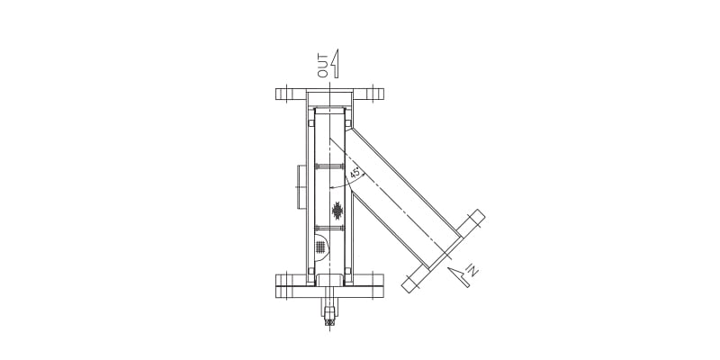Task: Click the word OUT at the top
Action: [x=323, y=66]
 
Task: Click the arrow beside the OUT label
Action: [x=335, y=63]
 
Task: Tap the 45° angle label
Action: [x=355, y=173]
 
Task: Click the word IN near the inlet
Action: [x=473, y=269]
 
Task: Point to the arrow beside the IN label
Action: [x=460, y=275]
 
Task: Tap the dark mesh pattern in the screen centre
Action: [x=337, y=211]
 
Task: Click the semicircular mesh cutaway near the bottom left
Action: [x=321, y=246]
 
